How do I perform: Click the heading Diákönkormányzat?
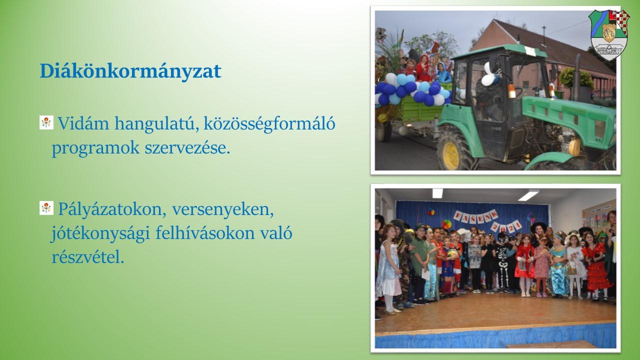[x=130, y=71]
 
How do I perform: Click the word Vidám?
[x=83, y=123]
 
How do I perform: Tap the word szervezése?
[x=187, y=148]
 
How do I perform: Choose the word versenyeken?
[x=223, y=210]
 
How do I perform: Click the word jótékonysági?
[x=100, y=234]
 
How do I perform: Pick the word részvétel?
[x=88, y=257]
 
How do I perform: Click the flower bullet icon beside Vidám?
[x=46, y=122]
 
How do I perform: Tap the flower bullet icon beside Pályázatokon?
[x=46, y=208]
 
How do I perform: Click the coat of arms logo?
[x=609, y=35]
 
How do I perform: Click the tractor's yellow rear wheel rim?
[x=451, y=155]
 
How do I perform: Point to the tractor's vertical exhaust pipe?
[x=577, y=77]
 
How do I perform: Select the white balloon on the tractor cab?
[x=488, y=75]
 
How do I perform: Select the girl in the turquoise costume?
[x=558, y=265]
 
